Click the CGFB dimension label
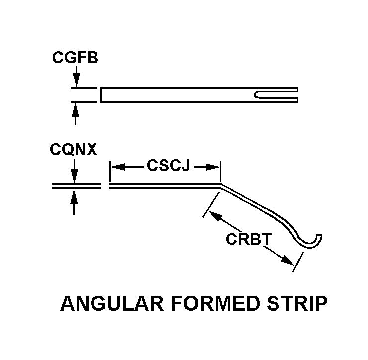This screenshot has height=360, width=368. pyautogui.click(x=75, y=57)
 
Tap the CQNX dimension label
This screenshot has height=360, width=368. pyautogui.click(x=74, y=149)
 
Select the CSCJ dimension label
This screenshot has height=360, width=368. pyautogui.click(x=168, y=165)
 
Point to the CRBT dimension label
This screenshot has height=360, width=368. pyautogui.click(x=249, y=239)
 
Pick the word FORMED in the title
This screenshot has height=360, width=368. pyautogui.click(x=215, y=303)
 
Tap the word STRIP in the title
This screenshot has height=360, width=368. pyautogui.click(x=297, y=303)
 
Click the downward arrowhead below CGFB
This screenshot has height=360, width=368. pyautogui.click(x=76, y=80)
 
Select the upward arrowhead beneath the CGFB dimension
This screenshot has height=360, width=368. pyautogui.click(x=75, y=110)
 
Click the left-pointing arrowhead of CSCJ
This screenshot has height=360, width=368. pyautogui.click(x=117, y=167)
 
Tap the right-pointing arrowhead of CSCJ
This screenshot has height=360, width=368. pyautogui.click(x=213, y=167)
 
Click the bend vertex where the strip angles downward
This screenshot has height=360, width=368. pyautogui.click(x=220, y=185)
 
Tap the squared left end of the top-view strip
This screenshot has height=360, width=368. pyautogui.click(x=101, y=95)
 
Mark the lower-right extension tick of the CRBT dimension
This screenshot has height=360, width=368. pyautogui.click(x=298, y=262)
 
